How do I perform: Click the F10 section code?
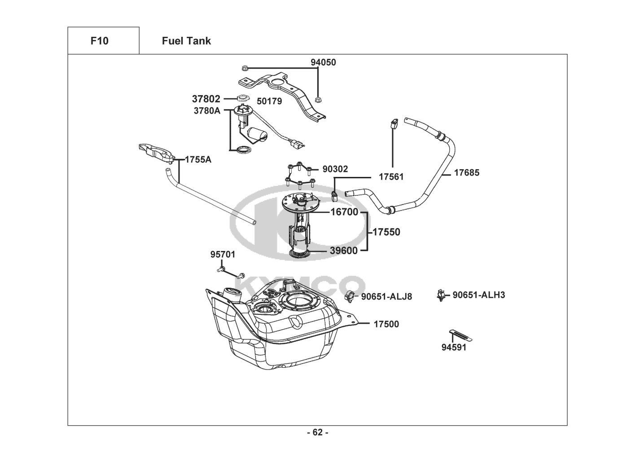[x=100, y=41]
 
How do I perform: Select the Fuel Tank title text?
[x=186, y=41]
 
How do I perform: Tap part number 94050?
[x=323, y=62]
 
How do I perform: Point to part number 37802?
[x=206, y=99]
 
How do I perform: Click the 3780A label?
[x=207, y=110]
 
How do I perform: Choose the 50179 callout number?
[x=269, y=101]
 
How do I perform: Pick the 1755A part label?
[x=198, y=160]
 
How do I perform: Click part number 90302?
[x=335, y=169]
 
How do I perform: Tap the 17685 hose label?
[x=467, y=173]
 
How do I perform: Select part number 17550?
[x=386, y=232]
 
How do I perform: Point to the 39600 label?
[x=344, y=251]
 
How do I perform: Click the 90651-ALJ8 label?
[x=386, y=297]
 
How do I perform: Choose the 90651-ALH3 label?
[x=479, y=295]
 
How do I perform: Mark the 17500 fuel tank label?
[x=386, y=324]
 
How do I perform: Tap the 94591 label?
[x=454, y=347]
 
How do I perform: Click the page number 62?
[x=318, y=432]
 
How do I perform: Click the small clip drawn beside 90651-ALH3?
[x=440, y=295]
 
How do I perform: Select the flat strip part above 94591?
[x=461, y=335]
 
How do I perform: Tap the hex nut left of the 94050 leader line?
[x=245, y=68]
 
